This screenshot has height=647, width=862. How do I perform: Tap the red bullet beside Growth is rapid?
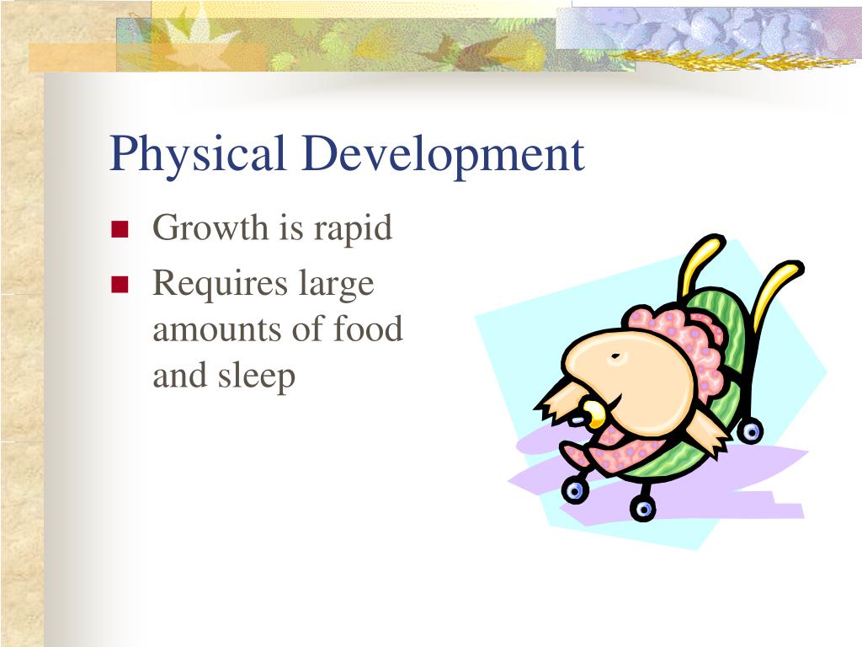coord(120,230)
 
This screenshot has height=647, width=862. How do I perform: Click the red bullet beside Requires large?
coord(120,286)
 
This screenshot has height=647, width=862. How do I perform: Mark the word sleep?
coord(258,376)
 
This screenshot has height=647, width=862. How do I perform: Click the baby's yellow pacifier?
coord(594,412)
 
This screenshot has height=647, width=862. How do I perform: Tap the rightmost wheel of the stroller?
coord(749,432)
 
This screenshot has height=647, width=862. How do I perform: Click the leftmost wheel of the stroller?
coord(574,490)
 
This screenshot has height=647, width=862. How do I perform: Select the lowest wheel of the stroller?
coord(643,508)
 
